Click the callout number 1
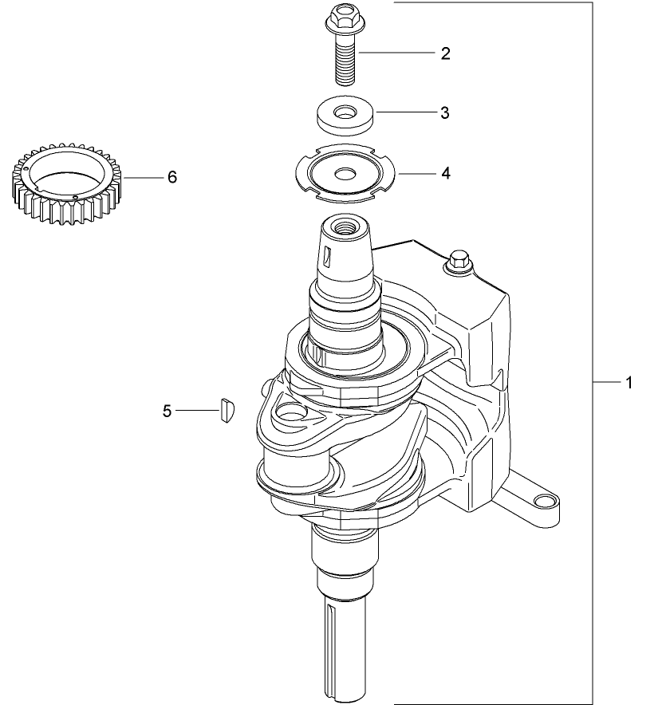pos(628,384)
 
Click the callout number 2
pos(445,53)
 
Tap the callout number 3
pos(445,113)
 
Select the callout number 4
pos(445,173)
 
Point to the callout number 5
pos(167,411)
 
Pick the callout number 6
pos(171,177)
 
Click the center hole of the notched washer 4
pos(345,173)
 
